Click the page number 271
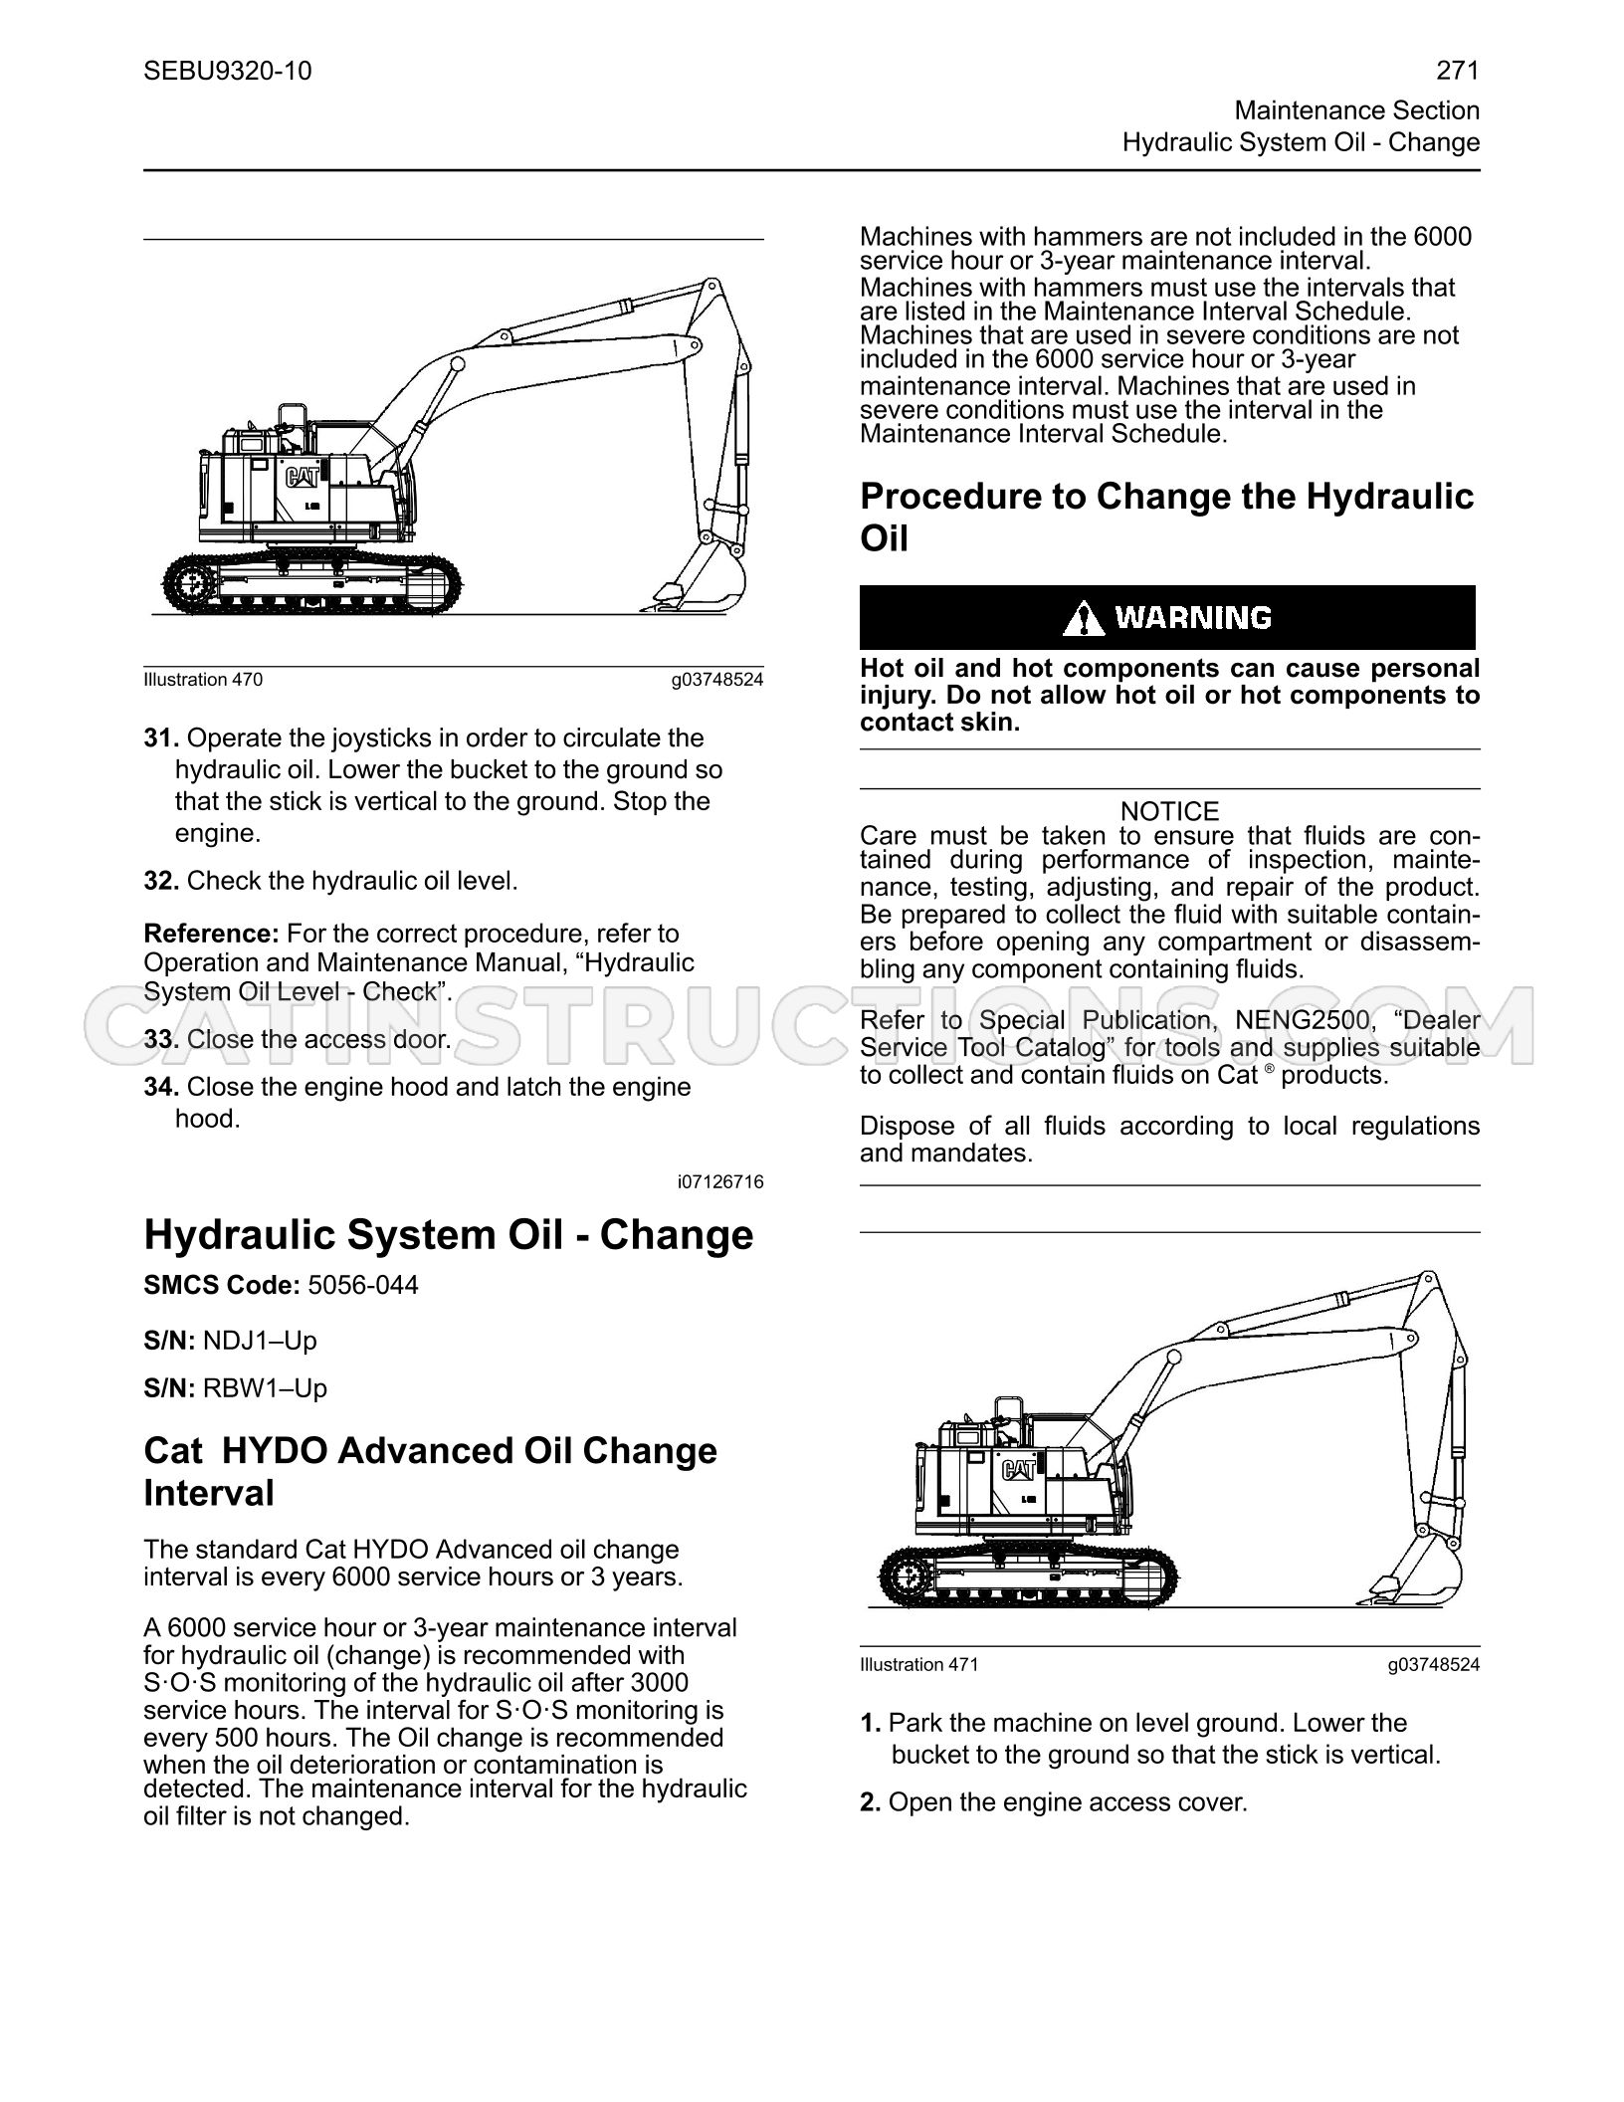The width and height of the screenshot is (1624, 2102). [x=1458, y=71]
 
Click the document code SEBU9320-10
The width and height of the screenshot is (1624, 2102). [x=228, y=71]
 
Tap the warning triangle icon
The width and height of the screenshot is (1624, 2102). [x=1084, y=618]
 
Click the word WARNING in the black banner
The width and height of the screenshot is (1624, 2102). [x=1193, y=618]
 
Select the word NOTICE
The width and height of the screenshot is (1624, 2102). [x=1169, y=811]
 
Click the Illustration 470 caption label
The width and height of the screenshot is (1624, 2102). [x=203, y=680]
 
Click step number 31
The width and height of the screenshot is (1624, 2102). [x=161, y=737]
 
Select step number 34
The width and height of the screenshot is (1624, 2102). [x=161, y=1086]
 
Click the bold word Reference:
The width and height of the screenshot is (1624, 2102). [x=211, y=934]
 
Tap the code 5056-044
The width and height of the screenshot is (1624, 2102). [x=363, y=1285]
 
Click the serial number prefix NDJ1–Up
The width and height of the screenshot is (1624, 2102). [x=260, y=1341]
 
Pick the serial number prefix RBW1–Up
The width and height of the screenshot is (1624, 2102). [x=265, y=1388]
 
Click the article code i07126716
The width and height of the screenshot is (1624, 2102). [x=720, y=1182]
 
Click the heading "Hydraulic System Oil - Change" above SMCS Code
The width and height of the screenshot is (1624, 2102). [x=449, y=1235]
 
